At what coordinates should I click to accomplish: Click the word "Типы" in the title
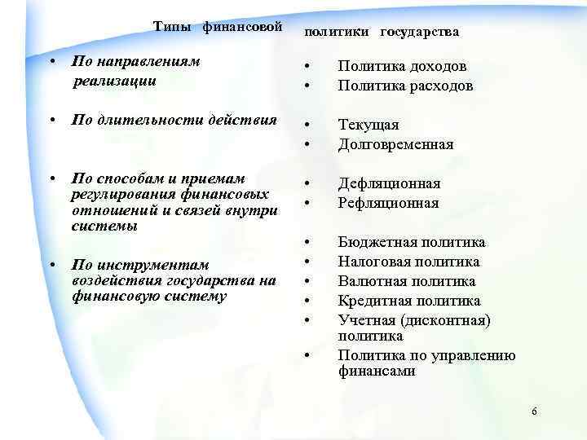click(x=169, y=27)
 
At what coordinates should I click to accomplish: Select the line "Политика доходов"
click(x=403, y=67)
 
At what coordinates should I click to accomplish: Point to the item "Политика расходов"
click(x=405, y=86)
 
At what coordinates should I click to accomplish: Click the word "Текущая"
click(x=369, y=125)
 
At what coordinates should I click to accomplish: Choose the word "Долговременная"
click(x=395, y=144)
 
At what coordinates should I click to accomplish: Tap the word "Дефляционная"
click(x=390, y=183)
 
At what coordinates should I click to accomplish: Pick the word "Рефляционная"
click(x=389, y=203)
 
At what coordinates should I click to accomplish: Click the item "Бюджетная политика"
click(x=412, y=242)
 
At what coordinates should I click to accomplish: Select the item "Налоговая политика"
click(x=409, y=262)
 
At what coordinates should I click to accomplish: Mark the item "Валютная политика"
click(x=407, y=281)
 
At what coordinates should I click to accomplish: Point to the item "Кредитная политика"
click(x=409, y=301)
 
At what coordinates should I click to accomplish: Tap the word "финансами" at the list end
click(x=377, y=371)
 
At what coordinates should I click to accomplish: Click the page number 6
click(x=534, y=412)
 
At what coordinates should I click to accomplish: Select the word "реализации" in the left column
click(x=114, y=81)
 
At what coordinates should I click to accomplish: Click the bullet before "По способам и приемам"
click(x=51, y=178)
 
